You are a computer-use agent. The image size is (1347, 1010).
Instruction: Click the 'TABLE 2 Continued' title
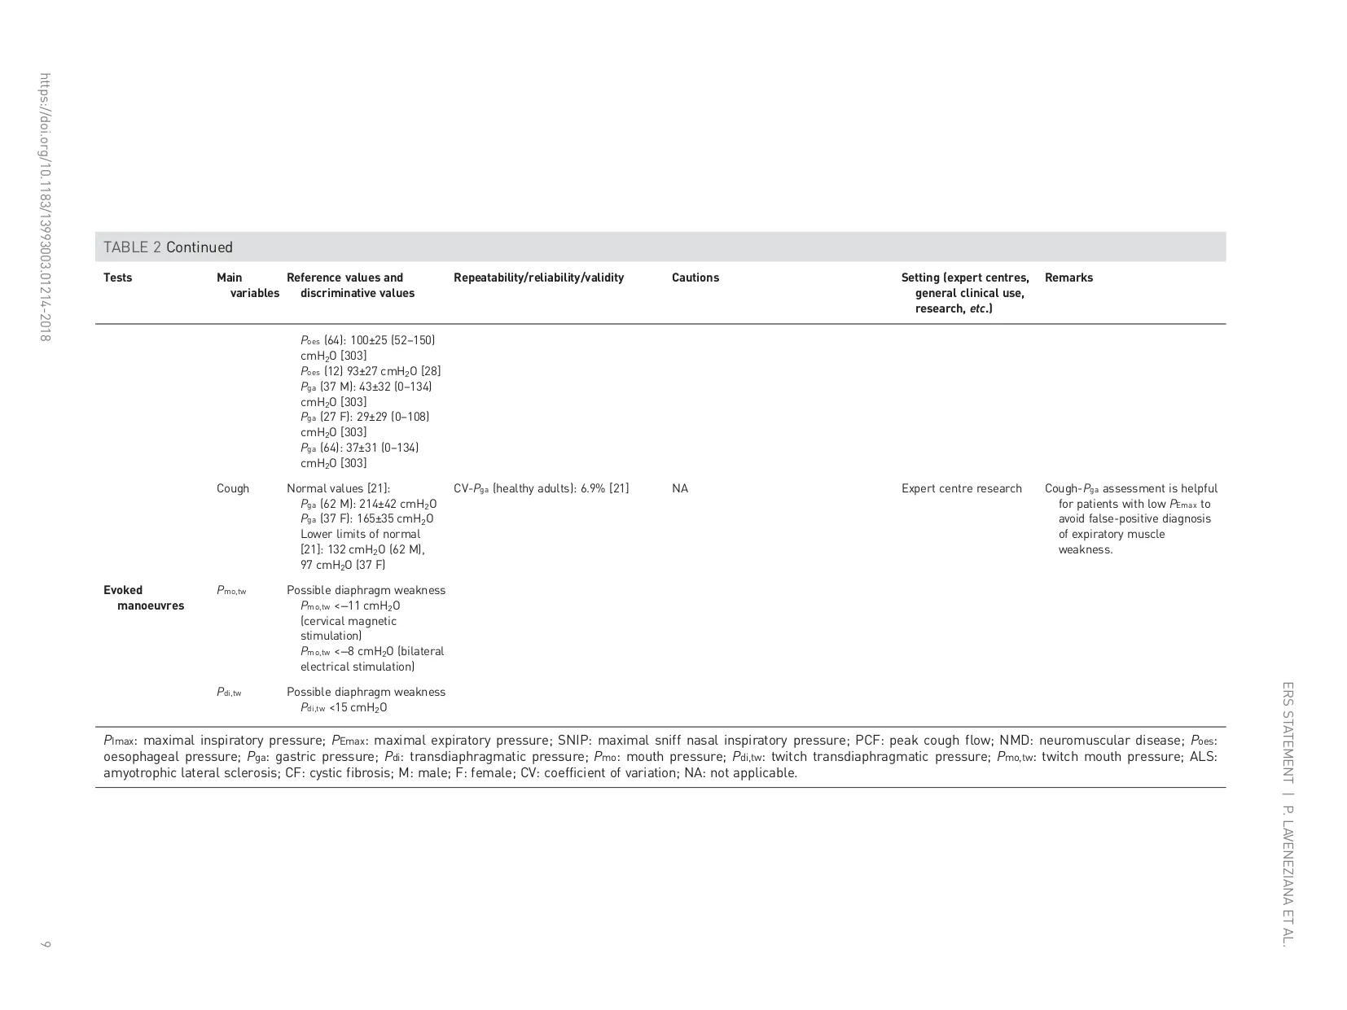168,247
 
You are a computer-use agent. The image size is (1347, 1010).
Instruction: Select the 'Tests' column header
117,278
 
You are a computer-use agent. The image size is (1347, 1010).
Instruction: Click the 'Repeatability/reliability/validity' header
538,278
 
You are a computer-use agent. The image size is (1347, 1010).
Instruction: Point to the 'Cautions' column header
695,278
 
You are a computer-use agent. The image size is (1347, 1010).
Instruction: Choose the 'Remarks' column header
1068,278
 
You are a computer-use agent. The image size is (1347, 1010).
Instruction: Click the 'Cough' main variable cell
233,488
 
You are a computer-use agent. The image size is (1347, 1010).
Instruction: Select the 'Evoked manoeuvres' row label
143,597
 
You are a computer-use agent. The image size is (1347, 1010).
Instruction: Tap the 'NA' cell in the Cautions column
680,488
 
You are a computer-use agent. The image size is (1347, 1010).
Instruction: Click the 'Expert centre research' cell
961,488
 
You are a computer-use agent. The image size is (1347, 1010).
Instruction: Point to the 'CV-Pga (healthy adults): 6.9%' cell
541,488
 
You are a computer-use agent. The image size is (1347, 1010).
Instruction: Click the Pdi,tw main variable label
229,692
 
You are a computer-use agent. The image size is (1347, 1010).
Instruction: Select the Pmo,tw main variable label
231,590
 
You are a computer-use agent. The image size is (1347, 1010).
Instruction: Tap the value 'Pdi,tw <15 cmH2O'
344,707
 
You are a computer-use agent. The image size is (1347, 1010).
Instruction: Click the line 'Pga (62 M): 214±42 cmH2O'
368,504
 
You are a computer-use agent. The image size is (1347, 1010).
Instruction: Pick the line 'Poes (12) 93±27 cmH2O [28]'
371,371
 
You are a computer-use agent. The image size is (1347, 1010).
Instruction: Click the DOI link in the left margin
45,207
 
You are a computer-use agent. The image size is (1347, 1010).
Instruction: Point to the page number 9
46,944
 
